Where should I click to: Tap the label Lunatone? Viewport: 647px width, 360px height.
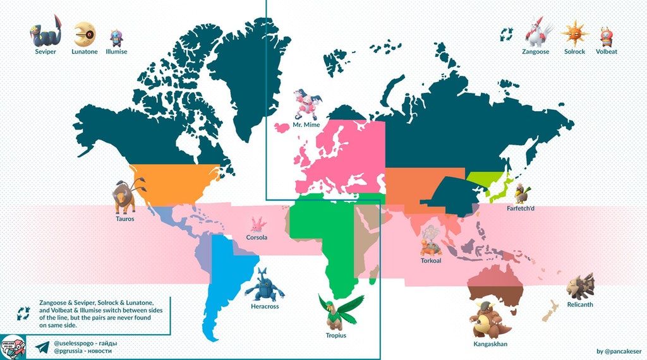click(x=85, y=52)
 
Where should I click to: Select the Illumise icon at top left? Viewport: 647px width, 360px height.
click(x=116, y=37)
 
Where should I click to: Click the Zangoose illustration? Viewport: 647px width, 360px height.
click(x=538, y=32)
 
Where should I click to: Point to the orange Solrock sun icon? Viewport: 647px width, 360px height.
click(x=574, y=32)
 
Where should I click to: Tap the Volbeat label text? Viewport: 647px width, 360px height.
click(x=607, y=52)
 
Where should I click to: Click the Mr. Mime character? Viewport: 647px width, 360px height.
click(x=306, y=104)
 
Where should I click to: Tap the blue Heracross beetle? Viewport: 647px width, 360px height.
click(x=264, y=285)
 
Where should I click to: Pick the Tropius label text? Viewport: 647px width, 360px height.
click(x=336, y=335)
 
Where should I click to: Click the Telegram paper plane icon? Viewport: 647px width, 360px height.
click(x=42, y=348)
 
